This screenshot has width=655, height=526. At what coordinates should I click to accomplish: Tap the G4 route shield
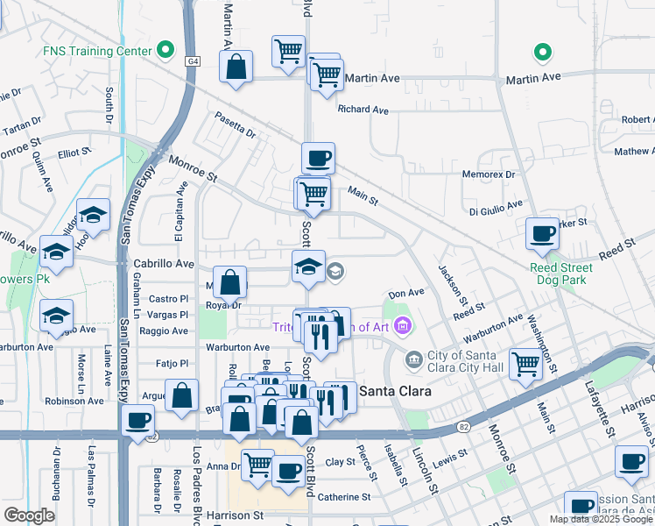pos(193,61)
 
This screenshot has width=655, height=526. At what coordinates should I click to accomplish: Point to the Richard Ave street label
pos(363,110)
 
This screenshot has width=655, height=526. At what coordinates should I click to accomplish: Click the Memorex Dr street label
pos(489,174)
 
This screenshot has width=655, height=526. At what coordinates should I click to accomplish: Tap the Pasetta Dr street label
pos(235,128)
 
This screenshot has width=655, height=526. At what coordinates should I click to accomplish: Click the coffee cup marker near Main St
pos(318,158)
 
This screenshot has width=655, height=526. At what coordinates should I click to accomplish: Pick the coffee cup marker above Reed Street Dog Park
pos(542,233)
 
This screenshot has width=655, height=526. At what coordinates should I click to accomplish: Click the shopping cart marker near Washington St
pos(525,362)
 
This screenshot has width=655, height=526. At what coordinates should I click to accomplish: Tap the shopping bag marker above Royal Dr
pos(229,282)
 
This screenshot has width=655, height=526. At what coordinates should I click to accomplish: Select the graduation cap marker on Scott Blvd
pos(308,267)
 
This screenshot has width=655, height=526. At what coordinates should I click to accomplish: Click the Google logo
pos(29,515)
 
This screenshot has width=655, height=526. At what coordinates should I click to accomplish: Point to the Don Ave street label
pos(406,293)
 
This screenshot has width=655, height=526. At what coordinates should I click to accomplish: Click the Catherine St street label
pos(343,497)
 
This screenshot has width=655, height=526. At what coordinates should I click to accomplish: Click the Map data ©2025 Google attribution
pos(602,519)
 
